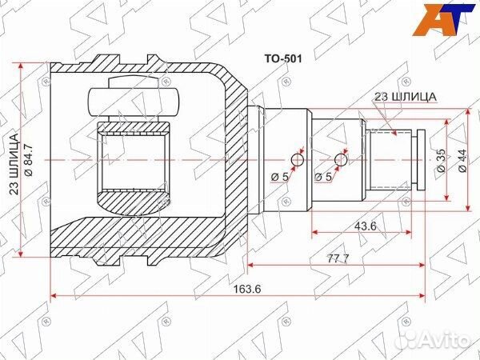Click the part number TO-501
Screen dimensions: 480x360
[x=283, y=58]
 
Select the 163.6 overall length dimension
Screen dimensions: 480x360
[x=247, y=289]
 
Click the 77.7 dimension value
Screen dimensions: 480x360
[x=338, y=258]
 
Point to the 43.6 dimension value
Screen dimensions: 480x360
[x=365, y=226]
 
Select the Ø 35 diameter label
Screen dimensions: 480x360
[x=442, y=161]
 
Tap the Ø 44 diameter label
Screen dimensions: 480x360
[x=462, y=161]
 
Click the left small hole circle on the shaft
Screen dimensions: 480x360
[x=297, y=160]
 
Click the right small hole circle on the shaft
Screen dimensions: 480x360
[x=341, y=160]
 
